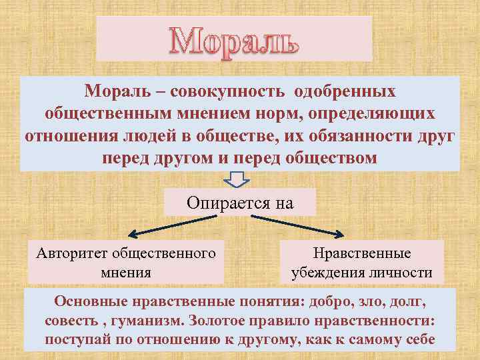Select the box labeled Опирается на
pyautogui.click(x=240, y=203)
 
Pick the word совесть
pyautogui.click(x=71, y=321)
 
